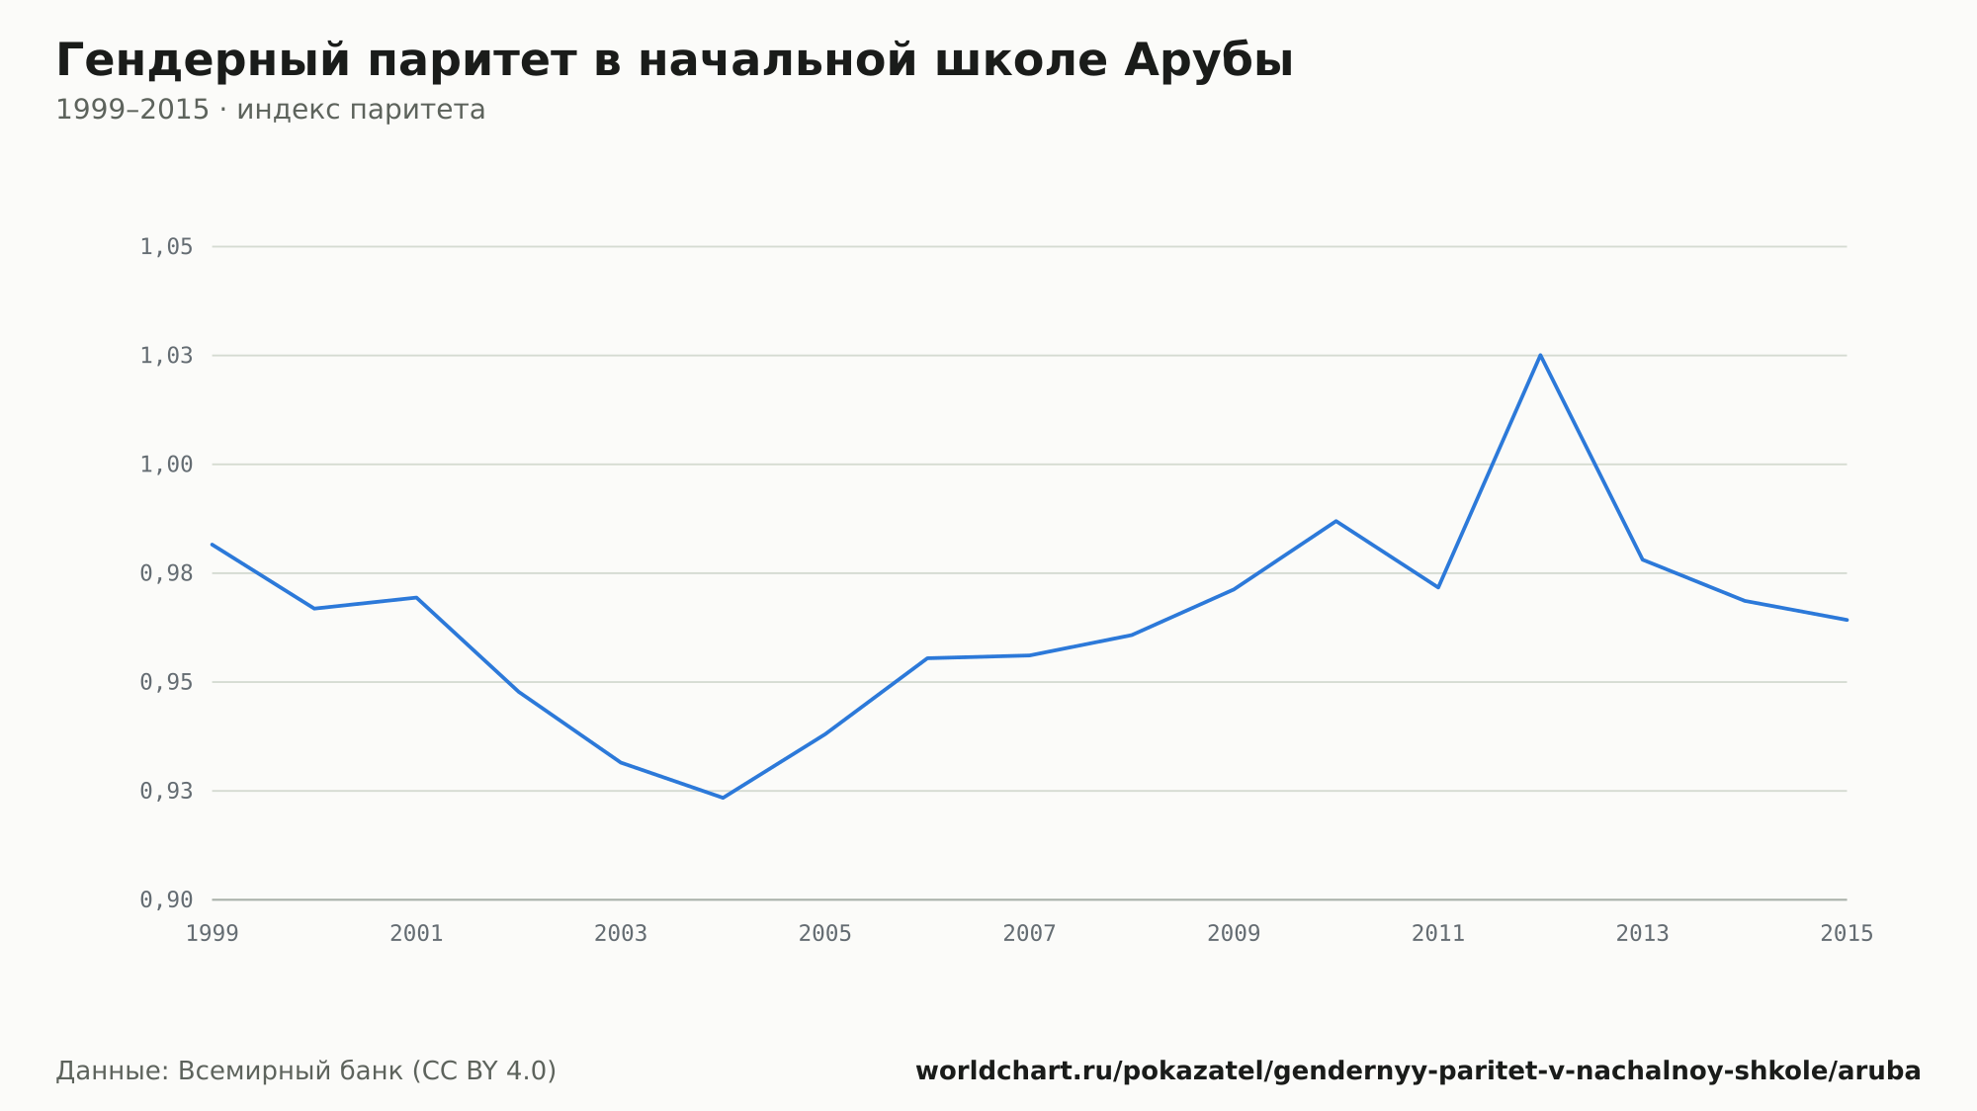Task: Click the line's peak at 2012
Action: point(1540,355)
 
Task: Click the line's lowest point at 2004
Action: point(723,798)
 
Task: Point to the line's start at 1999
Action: point(213,544)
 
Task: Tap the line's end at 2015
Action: point(1847,620)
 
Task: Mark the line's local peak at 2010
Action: point(1335,521)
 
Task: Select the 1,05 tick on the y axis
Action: point(166,247)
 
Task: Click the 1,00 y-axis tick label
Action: point(166,465)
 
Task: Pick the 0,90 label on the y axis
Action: point(166,899)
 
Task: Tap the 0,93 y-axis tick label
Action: point(166,791)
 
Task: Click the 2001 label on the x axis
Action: point(416,934)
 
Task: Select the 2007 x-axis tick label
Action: point(1029,934)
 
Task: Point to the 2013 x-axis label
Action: point(1642,934)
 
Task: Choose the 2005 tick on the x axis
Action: point(825,934)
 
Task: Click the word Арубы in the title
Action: point(1208,61)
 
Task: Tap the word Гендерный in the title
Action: point(204,62)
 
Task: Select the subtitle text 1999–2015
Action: point(132,110)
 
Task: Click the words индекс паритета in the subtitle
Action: point(361,111)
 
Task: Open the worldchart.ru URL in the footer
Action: point(1418,1071)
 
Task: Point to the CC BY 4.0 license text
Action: point(483,1071)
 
